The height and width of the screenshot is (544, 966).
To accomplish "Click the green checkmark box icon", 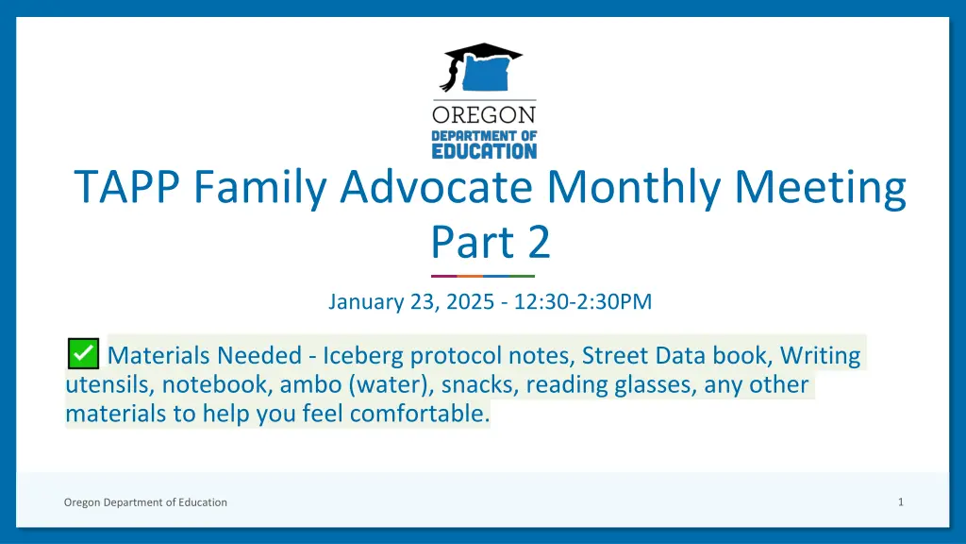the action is point(83,353).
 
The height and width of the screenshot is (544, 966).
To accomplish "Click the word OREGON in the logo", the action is point(484,114).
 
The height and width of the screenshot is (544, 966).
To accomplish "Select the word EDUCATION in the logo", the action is point(484,151).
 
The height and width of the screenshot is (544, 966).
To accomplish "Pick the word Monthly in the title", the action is point(633,188).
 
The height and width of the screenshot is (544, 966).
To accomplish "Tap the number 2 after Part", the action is point(539,242).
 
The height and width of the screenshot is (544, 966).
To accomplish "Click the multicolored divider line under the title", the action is point(483,276).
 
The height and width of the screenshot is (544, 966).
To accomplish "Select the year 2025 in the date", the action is point(470,301).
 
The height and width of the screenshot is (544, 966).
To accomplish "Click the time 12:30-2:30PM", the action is point(583,301).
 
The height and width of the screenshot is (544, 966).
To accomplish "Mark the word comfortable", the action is point(420,414).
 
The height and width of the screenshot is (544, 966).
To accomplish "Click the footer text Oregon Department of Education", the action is point(145,502).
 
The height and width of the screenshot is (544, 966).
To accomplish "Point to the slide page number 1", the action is point(901,502).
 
